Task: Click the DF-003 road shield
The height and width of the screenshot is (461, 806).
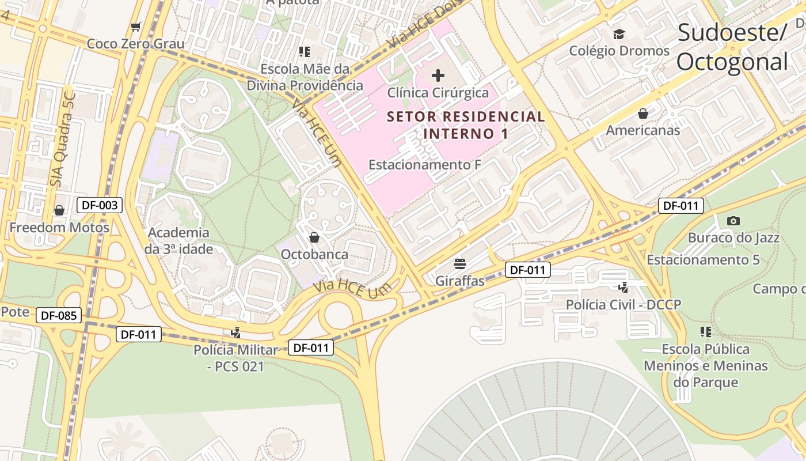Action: point(100,205)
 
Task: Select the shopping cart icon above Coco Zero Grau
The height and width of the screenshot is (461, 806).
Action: point(136,27)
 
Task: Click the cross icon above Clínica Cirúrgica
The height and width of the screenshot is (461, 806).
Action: point(438,75)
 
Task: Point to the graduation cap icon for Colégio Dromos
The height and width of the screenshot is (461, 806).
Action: point(619,34)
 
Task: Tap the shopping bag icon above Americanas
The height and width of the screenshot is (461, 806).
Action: point(643,114)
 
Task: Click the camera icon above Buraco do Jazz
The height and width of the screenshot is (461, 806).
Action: point(733,221)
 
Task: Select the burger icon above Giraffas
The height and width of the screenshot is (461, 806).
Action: point(459,264)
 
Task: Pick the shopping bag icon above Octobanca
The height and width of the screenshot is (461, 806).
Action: point(314,237)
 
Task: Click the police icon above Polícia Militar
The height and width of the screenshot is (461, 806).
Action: point(235,332)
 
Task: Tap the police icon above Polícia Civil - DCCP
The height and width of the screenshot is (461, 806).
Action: point(623,287)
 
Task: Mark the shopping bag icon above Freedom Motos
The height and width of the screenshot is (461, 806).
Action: point(59,210)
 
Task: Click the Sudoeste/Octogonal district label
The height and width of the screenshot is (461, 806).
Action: point(732,47)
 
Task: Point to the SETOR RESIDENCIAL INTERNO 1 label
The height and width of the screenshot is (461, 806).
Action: point(466,125)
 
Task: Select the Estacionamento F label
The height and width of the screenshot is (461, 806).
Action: point(424,165)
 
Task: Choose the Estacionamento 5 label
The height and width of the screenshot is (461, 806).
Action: point(703,259)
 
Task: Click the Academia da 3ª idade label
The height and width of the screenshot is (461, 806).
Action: point(178,241)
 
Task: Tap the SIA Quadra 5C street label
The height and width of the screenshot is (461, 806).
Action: point(63,139)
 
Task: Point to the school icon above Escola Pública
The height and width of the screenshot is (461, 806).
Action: point(706,332)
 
